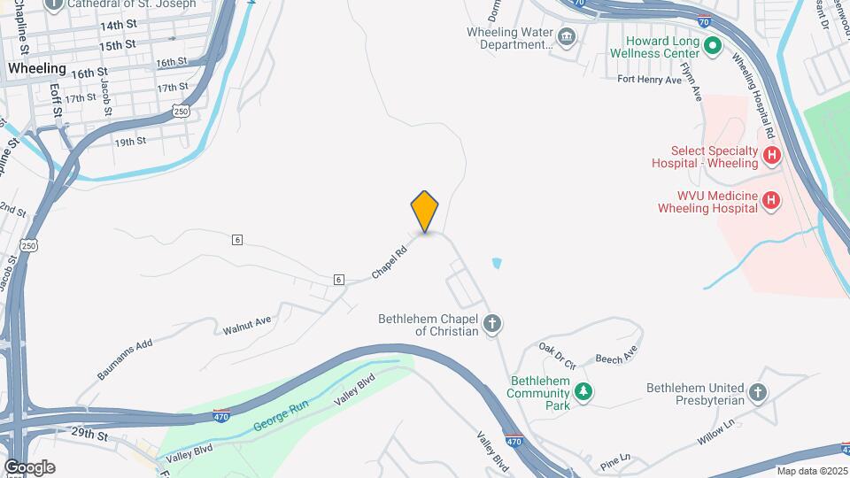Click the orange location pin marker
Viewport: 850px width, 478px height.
[x=425, y=211]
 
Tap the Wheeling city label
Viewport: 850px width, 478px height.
[x=36, y=68]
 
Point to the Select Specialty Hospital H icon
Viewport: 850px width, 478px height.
[x=771, y=156]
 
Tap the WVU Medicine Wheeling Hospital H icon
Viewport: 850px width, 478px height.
[x=771, y=201]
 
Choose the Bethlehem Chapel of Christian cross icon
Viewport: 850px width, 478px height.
[x=492, y=325]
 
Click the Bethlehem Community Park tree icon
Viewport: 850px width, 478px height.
[x=583, y=389]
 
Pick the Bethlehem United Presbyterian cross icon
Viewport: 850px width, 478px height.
[x=757, y=391]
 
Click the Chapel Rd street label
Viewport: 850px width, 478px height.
[x=389, y=263]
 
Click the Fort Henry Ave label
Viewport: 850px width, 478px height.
[x=649, y=80]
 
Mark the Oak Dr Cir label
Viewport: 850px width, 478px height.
[x=558, y=358]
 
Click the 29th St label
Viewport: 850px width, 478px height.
[x=89, y=436]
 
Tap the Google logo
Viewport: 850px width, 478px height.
[x=29, y=466]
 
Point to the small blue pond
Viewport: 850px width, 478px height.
[x=496, y=263]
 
